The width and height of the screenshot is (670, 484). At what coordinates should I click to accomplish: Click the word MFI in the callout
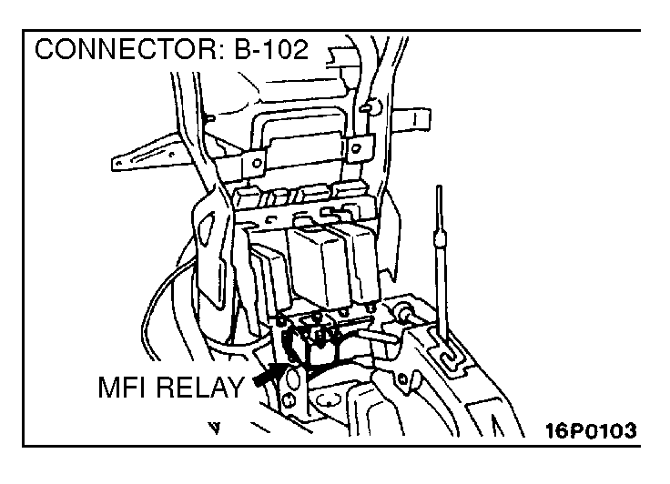point(127,389)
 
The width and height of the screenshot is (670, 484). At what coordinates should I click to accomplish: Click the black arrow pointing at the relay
point(270,374)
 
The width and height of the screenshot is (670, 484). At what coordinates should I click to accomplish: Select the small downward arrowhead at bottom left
point(216,425)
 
